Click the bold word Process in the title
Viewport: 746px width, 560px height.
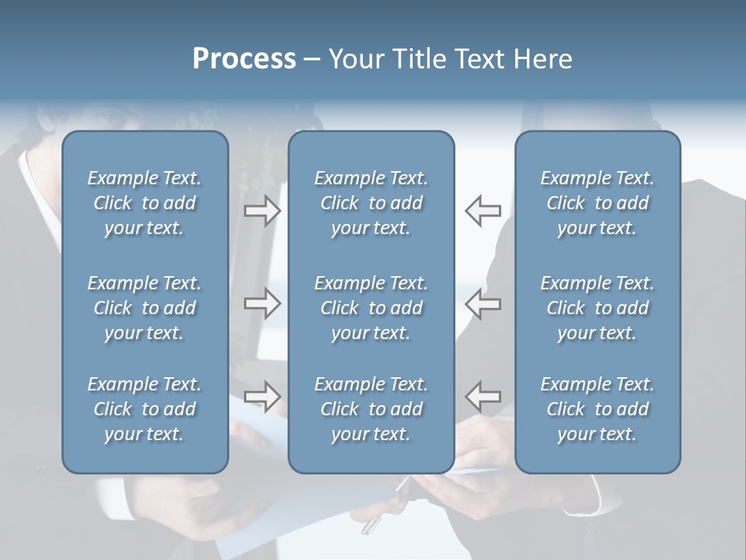(x=244, y=59)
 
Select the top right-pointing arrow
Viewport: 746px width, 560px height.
(x=262, y=211)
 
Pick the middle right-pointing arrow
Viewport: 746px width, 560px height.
(x=262, y=303)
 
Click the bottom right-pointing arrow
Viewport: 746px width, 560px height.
(x=262, y=396)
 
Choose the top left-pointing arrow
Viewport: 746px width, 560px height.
(x=483, y=211)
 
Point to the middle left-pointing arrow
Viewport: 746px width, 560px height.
(x=483, y=303)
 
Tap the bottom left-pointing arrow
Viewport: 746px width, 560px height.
(x=483, y=396)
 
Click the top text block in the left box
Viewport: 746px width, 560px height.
(x=145, y=203)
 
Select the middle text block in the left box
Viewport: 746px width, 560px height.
(x=145, y=308)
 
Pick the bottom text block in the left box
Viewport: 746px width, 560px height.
(x=145, y=409)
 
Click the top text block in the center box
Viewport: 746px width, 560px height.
(x=371, y=203)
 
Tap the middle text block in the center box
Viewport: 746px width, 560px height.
(x=371, y=308)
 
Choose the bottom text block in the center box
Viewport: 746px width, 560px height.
(x=371, y=409)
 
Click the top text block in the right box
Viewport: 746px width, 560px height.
(x=597, y=203)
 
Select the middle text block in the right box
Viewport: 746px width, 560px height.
(x=597, y=308)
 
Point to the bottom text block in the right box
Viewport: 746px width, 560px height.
(x=597, y=409)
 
